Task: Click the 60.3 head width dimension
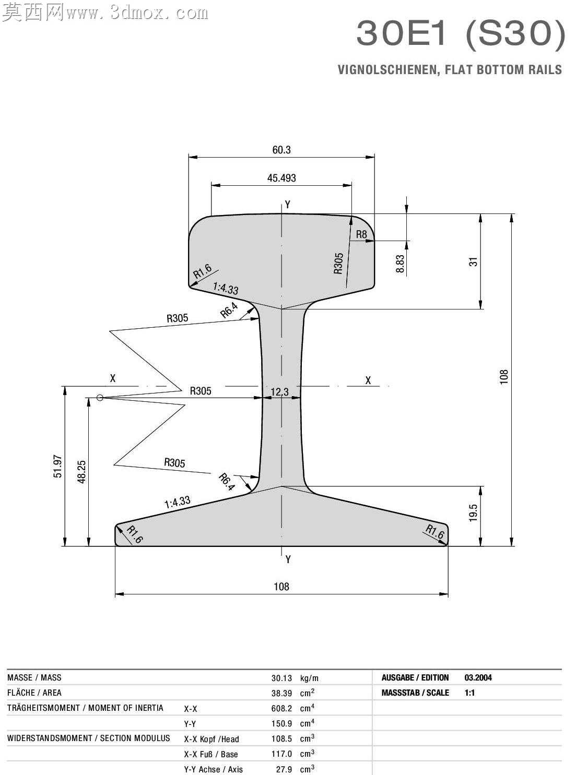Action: click(x=281, y=150)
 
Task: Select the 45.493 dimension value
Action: click(x=281, y=178)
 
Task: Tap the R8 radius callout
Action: click(x=361, y=234)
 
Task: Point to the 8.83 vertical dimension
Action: click(x=400, y=264)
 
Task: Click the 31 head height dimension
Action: click(x=473, y=261)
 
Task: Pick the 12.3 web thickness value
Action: click(x=280, y=392)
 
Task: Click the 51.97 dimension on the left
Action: click(x=58, y=466)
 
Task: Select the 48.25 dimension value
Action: click(x=81, y=472)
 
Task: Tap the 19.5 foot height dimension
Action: click(x=473, y=512)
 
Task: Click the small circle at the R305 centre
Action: click(x=100, y=398)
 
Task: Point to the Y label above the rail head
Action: click(x=287, y=205)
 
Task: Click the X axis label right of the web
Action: click(x=368, y=380)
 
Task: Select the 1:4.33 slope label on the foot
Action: click(x=178, y=502)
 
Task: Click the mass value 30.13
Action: click(x=281, y=678)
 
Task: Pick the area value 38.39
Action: click(x=281, y=693)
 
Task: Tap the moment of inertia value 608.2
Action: click(x=281, y=708)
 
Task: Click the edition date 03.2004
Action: click(x=478, y=677)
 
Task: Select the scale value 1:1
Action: click(x=469, y=693)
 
